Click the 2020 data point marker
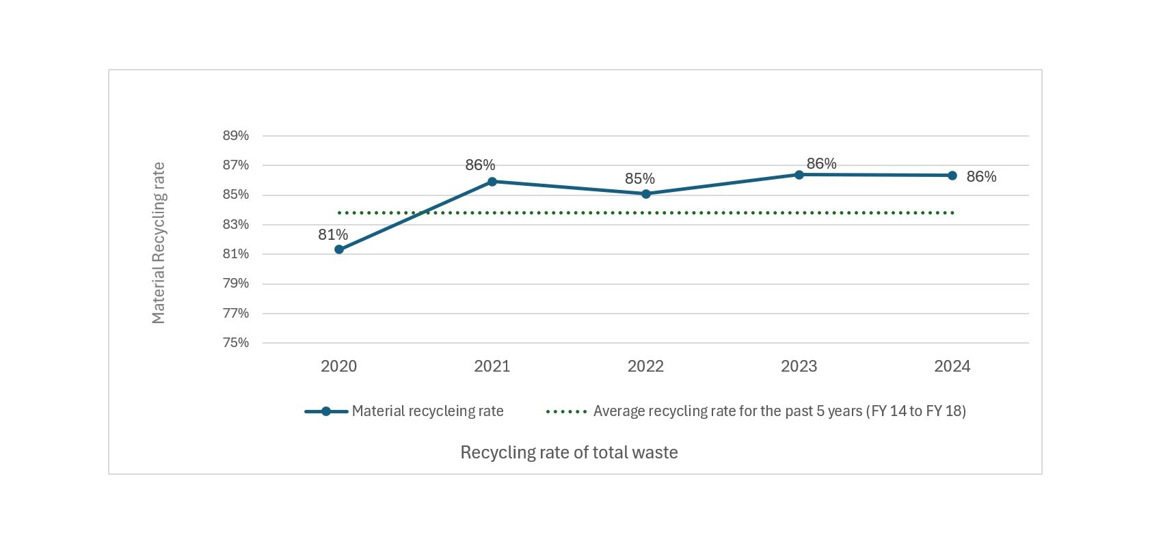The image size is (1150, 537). [339, 249]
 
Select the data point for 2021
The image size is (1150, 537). [492, 182]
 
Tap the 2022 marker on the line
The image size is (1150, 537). [645, 194]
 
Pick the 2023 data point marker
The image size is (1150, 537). [799, 175]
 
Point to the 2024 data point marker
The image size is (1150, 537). [952, 176]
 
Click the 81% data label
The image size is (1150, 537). [333, 235]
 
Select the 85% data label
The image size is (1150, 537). [640, 179]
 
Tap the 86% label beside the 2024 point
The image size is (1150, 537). [981, 177]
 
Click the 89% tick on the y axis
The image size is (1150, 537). [236, 136]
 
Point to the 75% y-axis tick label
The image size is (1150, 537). [236, 343]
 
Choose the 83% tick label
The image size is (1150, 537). [236, 225]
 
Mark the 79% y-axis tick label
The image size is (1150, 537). [236, 284]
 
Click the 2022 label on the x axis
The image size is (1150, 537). [645, 366]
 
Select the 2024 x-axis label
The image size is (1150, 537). [952, 366]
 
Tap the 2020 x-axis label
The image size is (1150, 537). [339, 366]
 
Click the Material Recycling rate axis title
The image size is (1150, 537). [159, 243]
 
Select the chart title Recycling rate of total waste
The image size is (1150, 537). [569, 452]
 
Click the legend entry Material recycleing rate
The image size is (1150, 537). [427, 411]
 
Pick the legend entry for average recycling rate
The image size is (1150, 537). [779, 411]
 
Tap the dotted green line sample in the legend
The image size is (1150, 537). [567, 412]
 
